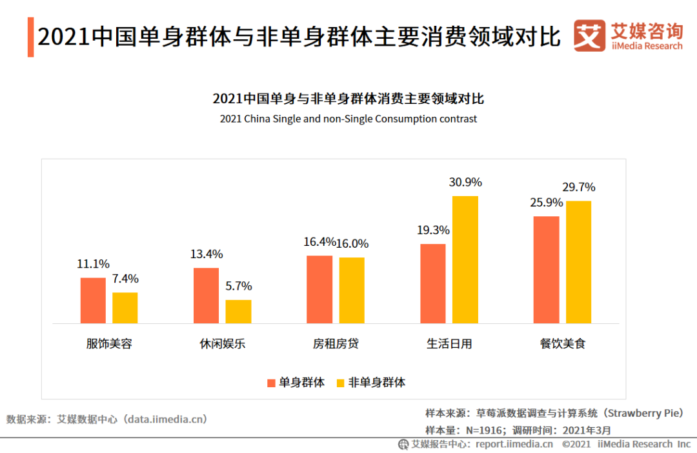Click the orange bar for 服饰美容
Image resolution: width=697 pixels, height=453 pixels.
93,300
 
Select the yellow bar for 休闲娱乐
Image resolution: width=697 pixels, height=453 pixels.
238,311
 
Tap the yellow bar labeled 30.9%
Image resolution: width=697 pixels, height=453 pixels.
465,259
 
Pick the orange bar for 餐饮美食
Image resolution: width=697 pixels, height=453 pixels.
546,269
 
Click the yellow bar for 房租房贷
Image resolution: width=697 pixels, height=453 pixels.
352,290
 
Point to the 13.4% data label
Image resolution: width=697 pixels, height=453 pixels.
206,254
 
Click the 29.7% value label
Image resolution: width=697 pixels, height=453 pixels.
579,187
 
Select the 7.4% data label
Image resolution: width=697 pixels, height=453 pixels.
125,279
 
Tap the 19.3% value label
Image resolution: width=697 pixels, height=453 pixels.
433,230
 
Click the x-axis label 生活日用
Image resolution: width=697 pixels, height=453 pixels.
449,344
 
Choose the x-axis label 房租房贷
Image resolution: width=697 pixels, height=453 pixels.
336,344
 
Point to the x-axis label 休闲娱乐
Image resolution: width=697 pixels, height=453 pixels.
222,344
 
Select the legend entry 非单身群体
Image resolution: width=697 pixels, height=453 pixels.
370,382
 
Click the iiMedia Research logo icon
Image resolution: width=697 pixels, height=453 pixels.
589,35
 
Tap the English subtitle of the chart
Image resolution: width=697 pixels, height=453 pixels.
348,119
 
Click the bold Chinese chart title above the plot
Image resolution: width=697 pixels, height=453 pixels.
348,99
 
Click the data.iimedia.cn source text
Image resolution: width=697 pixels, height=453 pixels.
167,419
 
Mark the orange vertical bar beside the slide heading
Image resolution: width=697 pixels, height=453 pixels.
30,37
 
